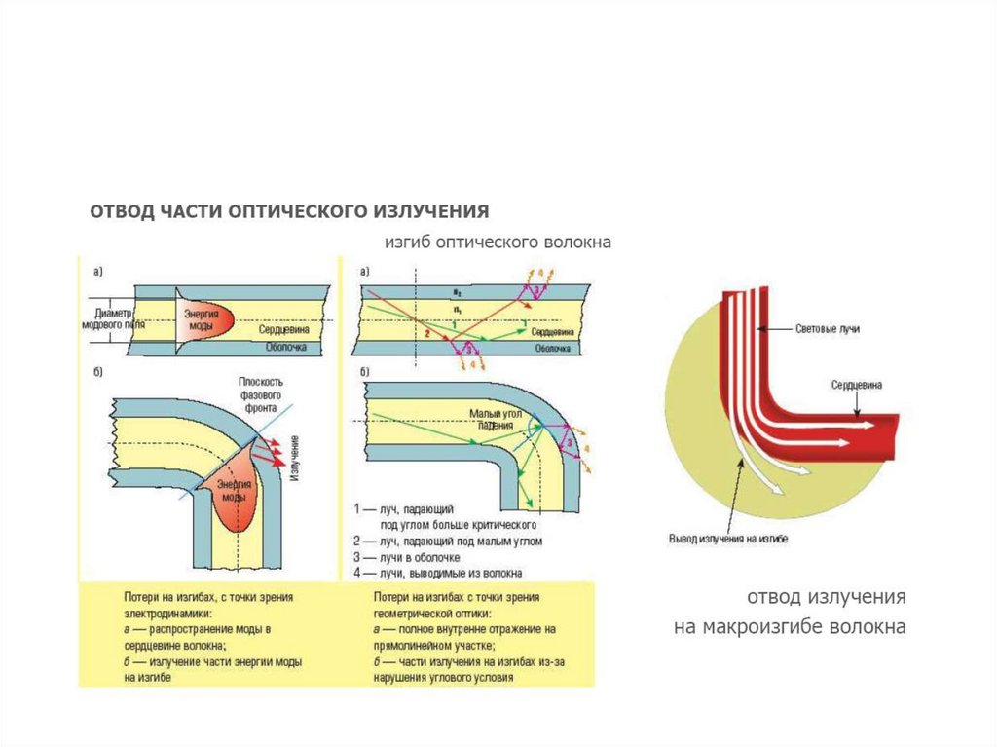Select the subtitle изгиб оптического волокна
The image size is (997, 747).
click(x=496, y=242)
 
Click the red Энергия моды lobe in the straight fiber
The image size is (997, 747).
click(x=206, y=317)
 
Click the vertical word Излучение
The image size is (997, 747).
click(x=293, y=458)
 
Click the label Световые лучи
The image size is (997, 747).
click(x=828, y=330)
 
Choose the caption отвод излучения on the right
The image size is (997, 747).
click(x=827, y=596)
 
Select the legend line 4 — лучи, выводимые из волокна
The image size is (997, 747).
click(x=439, y=574)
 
